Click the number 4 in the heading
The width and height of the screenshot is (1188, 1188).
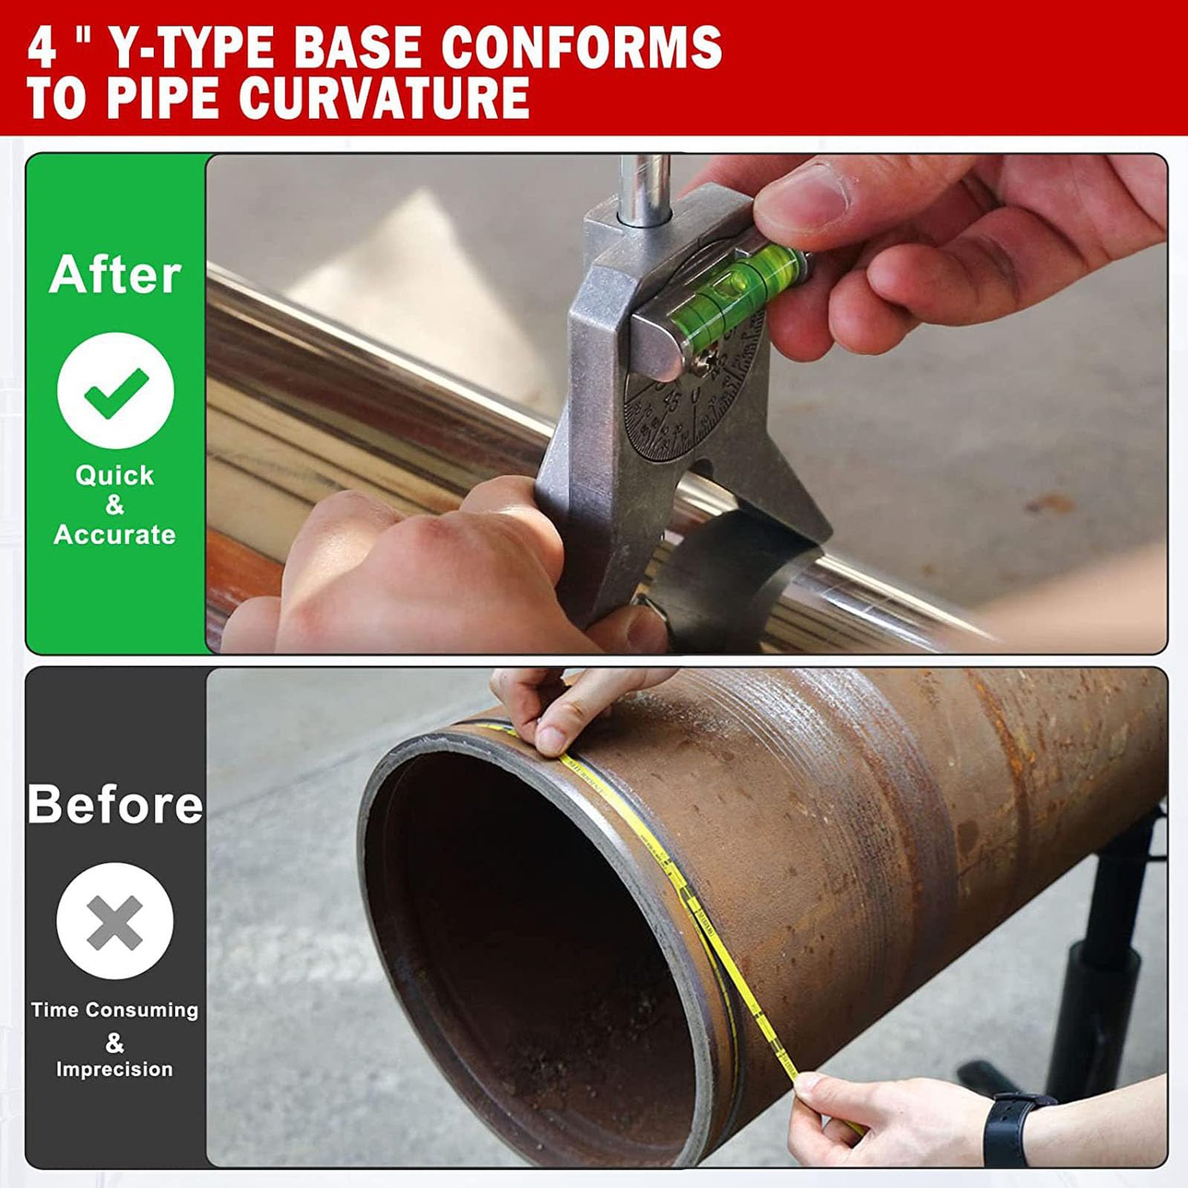click(x=42, y=47)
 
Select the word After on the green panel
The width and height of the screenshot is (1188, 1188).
click(x=115, y=275)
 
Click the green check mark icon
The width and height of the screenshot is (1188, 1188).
click(x=116, y=391)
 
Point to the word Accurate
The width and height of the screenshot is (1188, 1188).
click(x=115, y=535)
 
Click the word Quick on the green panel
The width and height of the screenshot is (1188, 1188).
click(x=115, y=475)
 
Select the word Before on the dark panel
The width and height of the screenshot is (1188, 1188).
click(x=115, y=804)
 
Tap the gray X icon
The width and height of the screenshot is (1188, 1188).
click(x=114, y=921)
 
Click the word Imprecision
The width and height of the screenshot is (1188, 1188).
click(x=114, y=1069)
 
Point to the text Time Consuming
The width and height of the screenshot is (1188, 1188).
click(x=114, y=1010)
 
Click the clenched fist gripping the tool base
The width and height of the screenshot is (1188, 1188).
click(x=416, y=564)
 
